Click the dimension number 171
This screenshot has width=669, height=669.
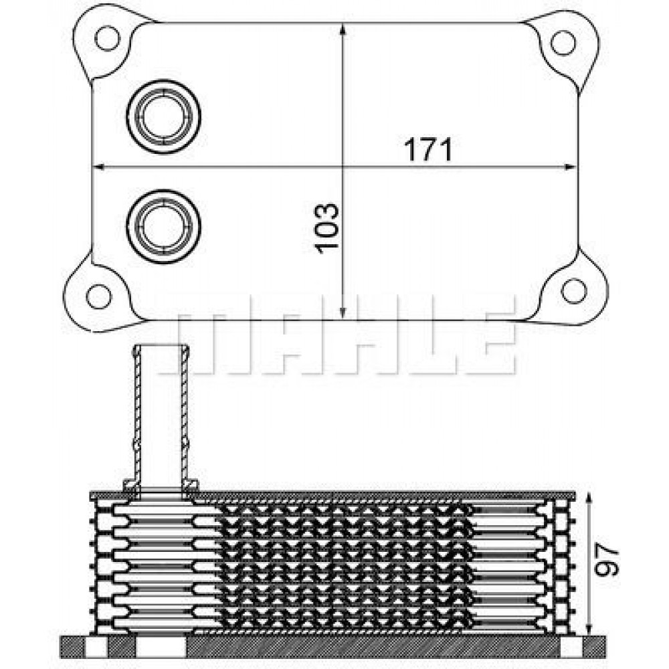click(x=428, y=149)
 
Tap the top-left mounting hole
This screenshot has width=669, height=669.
click(x=106, y=39)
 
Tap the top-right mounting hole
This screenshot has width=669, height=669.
click(x=563, y=43)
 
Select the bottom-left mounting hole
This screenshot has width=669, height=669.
click(x=99, y=295)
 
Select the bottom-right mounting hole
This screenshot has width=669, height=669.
click(x=573, y=290)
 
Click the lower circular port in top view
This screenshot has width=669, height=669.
click(x=165, y=228)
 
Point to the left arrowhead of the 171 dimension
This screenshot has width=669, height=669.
click(x=98, y=166)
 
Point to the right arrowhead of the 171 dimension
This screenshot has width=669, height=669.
click(x=570, y=166)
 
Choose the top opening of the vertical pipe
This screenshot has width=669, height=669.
click(x=161, y=347)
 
